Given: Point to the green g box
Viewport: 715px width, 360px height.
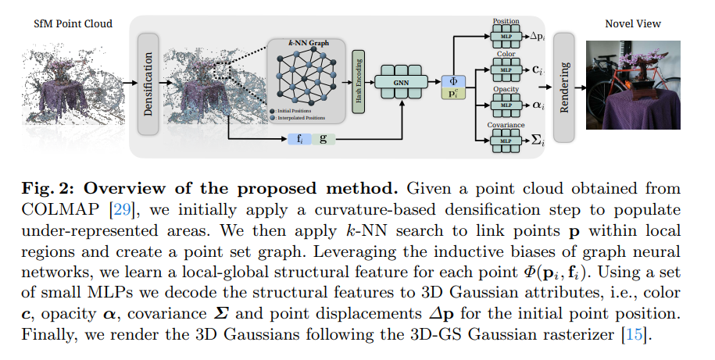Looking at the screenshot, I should (322, 138).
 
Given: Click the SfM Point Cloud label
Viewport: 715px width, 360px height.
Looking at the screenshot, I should (73, 23).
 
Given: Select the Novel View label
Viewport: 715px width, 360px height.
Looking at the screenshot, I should (631, 23).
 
